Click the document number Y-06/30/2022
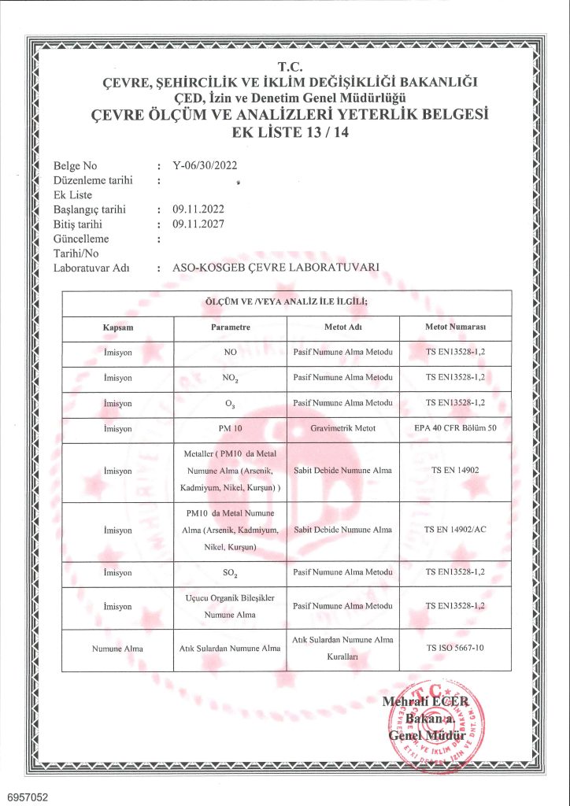coord(204,166)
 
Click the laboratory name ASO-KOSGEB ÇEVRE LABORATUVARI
coord(276,268)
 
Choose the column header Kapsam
coord(117,327)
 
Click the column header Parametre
coord(231,327)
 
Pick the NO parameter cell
coord(231,352)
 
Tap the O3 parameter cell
coord(231,403)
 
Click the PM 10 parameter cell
coord(231,428)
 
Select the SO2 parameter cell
coord(231,573)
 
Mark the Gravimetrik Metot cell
coord(342,428)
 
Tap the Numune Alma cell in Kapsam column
coord(117,649)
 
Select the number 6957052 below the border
coord(27,797)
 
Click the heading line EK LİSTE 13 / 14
coord(291,132)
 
